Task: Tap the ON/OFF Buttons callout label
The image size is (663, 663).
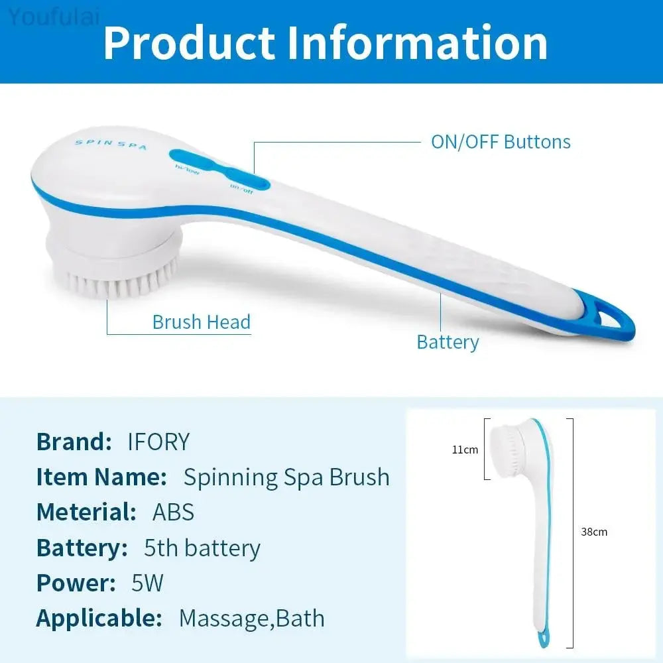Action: pos(501,142)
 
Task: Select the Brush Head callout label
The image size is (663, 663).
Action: pos(201,322)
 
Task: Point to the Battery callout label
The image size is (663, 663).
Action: pos(448,342)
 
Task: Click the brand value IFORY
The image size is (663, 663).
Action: pos(158,442)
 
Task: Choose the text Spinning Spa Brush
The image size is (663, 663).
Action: pos(286,477)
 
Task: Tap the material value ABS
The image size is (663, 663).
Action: pos(174,512)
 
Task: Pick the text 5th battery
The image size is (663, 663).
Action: pos(202,548)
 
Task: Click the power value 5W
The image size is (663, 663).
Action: pos(147,583)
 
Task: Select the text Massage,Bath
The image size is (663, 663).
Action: pos(252,619)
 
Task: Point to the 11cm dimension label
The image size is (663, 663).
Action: pos(465,450)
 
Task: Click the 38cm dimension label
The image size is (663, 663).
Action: pos(594,532)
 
